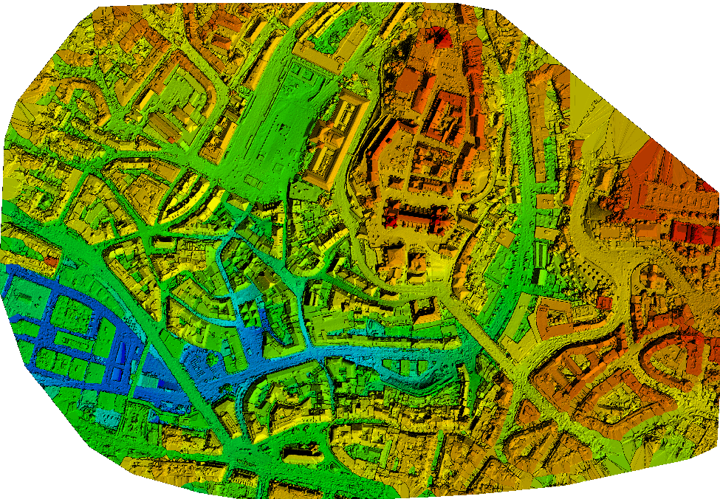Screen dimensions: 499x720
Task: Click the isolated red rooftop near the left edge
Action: click(50, 261)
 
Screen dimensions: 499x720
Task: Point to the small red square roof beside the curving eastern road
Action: click(604, 303)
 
